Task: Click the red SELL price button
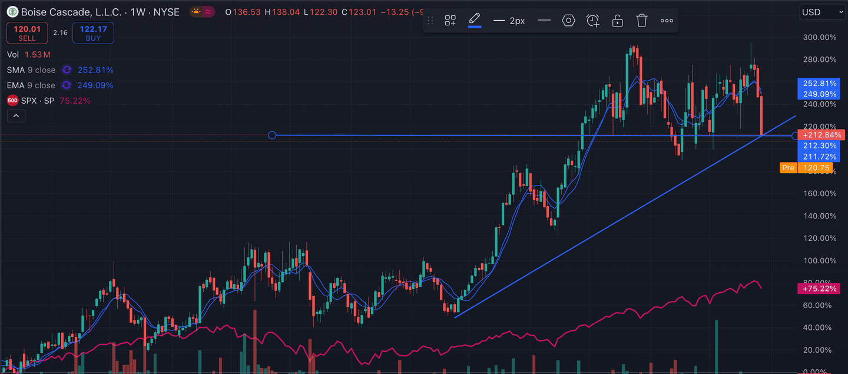tap(27, 33)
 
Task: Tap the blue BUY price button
tap(93, 33)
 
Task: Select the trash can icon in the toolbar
tap(642, 21)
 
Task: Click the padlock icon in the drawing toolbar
tap(617, 21)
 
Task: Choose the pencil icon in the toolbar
tap(475, 20)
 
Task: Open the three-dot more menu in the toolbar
tap(667, 21)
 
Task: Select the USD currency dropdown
tap(823, 12)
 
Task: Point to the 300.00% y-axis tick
tap(820, 37)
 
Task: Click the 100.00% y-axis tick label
tap(820, 260)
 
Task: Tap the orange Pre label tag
tap(788, 168)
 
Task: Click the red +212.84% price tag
tap(821, 135)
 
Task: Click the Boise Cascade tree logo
tap(12, 12)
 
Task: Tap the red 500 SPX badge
tap(12, 101)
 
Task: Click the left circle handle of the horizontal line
tap(272, 135)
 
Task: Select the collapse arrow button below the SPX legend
tap(16, 116)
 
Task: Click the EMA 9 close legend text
tap(31, 85)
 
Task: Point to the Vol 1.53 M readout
tap(28, 55)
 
